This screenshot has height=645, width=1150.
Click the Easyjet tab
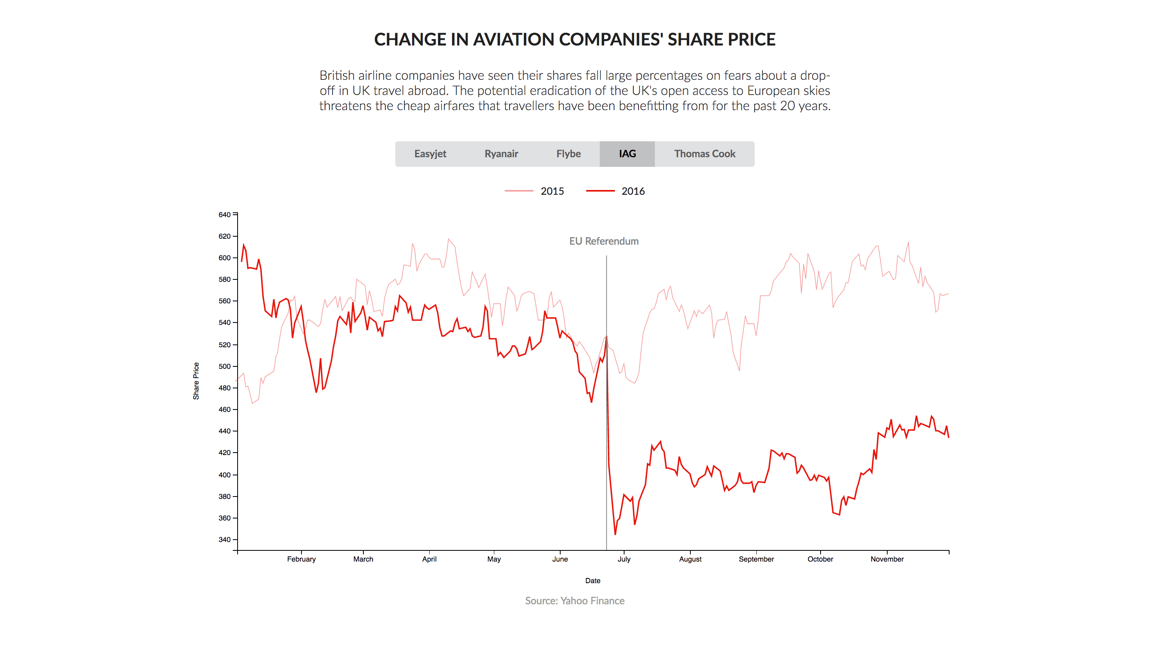click(430, 154)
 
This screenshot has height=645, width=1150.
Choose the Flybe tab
click(568, 154)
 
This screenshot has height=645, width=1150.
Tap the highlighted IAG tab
click(627, 154)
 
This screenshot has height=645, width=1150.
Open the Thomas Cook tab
click(704, 154)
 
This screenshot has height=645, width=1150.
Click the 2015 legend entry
click(534, 191)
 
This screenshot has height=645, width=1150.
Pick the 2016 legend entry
click(615, 191)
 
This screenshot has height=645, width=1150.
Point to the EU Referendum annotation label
click(604, 241)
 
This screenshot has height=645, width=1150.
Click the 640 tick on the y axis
click(224, 215)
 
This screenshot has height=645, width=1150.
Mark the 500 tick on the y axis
click(224, 366)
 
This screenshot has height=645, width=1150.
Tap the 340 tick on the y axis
click(224, 540)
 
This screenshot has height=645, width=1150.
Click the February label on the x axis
click(301, 559)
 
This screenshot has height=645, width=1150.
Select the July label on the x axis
click(624, 559)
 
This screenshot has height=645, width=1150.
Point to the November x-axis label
click(887, 559)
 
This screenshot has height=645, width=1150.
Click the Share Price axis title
click(196, 381)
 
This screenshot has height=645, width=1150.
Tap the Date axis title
click(593, 581)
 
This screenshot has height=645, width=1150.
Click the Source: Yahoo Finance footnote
click(575, 601)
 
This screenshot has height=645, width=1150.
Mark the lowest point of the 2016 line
click(615, 534)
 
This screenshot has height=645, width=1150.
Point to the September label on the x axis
click(756, 559)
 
